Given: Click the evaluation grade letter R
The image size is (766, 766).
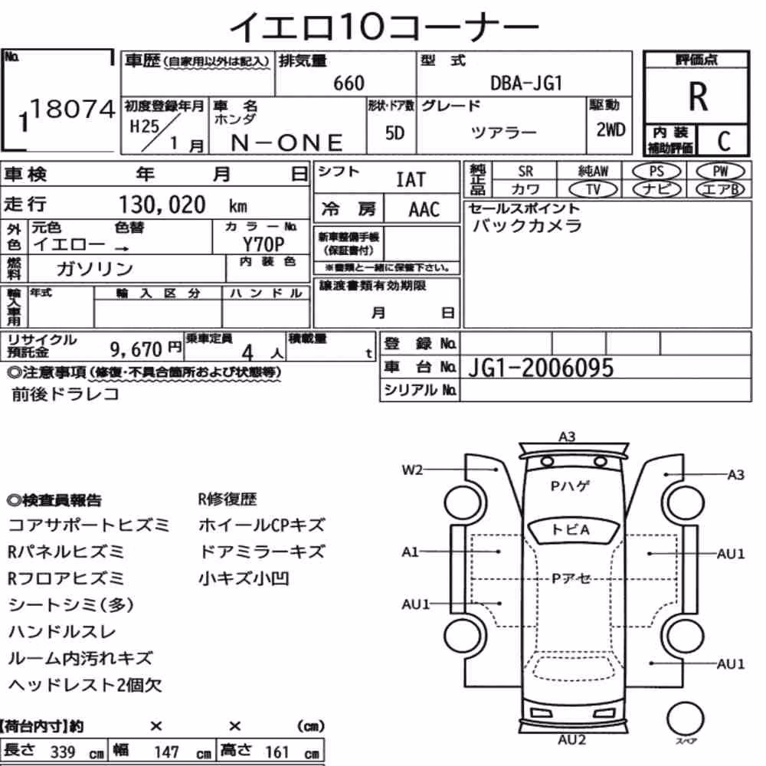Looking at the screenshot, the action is point(698,97).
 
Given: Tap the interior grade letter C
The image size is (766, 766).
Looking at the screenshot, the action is point(724,141).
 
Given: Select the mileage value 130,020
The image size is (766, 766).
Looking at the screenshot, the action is point(162,205).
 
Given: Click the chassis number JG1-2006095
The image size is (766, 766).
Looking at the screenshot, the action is point(541,368).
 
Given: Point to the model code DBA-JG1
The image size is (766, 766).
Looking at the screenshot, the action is point(526,83).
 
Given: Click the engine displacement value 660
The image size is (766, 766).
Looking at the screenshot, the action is point(349,83).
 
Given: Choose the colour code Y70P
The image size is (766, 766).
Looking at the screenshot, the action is point(264,244).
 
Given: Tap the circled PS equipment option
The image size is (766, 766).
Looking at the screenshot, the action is point(656,172).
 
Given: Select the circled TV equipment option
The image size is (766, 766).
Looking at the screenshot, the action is point(594,189).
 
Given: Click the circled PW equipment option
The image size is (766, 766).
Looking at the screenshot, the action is point(720,172).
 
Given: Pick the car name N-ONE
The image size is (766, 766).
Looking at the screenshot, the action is point(286,142).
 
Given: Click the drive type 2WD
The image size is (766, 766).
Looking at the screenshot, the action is point(611,130).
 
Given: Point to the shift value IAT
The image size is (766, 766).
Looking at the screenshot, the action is point(411,180).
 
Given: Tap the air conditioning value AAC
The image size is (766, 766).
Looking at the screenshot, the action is point(424,210).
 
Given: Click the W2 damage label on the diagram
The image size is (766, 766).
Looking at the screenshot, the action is point(412,470).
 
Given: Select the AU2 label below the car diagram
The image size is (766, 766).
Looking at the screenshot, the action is point(571,740).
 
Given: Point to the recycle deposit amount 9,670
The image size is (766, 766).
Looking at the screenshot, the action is point(136,349).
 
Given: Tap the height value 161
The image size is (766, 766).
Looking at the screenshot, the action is point(277,752).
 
